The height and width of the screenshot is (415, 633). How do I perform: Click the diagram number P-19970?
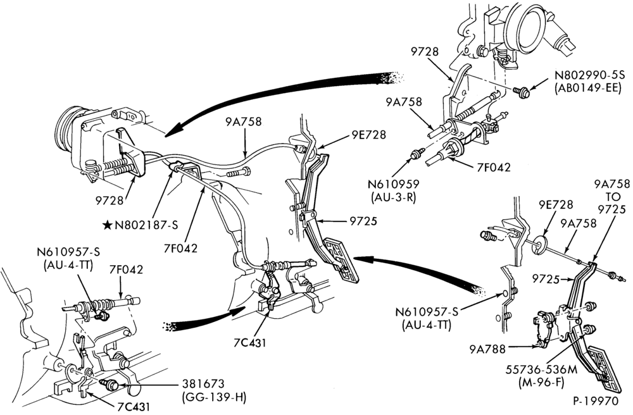(595, 402)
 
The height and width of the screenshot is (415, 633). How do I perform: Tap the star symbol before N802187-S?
(108, 225)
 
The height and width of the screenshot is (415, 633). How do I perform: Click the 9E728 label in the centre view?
(368, 135)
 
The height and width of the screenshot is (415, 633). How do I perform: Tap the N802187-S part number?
(146, 225)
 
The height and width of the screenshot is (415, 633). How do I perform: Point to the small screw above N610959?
(417, 153)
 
